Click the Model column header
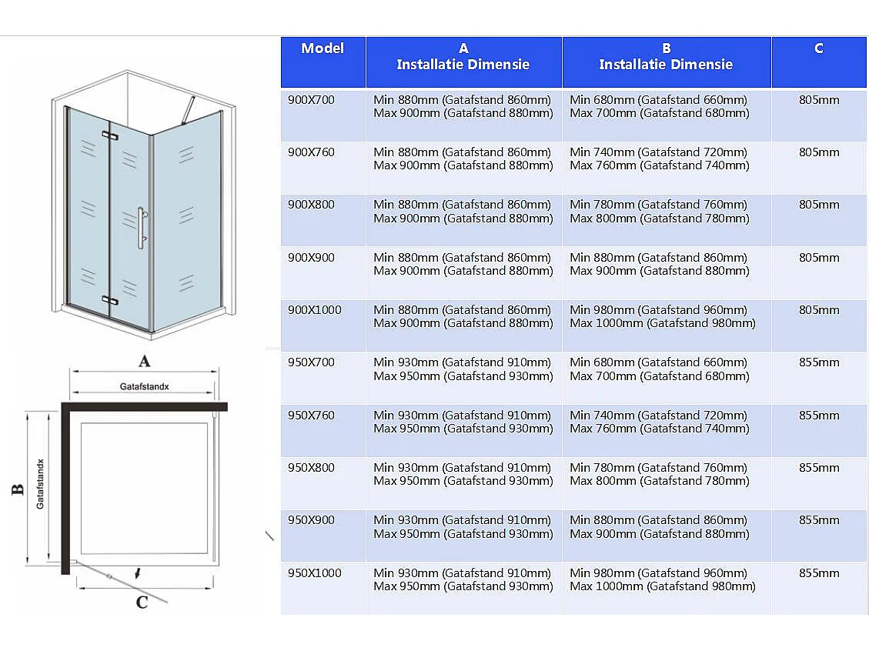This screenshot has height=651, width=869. pyautogui.click(x=323, y=48)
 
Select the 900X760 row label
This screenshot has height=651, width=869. pyautogui.click(x=311, y=152)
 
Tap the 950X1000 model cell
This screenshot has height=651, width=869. pyautogui.click(x=314, y=573)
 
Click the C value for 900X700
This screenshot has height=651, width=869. pyautogui.click(x=819, y=100)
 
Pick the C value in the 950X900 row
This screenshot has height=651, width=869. pyautogui.click(x=819, y=520)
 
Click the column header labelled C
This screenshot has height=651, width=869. pyautogui.click(x=819, y=48)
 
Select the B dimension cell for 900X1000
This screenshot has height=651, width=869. pyautogui.click(x=663, y=317)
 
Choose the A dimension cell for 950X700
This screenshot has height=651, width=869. pyautogui.click(x=463, y=369)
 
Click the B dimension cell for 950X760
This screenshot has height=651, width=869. pyautogui.click(x=660, y=422)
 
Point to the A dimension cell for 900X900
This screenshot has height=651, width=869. pyautogui.click(x=463, y=264)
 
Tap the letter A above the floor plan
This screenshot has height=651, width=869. pyautogui.click(x=143, y=360)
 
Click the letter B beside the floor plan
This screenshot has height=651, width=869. pyautogui.click(x=18, y=489)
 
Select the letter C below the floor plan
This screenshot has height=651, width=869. pyautogui.click(x=142, y=602)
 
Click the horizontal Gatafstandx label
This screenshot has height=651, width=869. pyautogui.click(x=144, y=386)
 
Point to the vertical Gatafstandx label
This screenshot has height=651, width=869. pyautogui.click(x=40, y=483)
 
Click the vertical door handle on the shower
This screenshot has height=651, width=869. pyautogui.click(x=141, y=228)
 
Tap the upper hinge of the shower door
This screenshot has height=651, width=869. pyautogui.click(x=109, y=135)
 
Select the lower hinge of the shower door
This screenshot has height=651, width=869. pyautogui.click(x=109, y=300)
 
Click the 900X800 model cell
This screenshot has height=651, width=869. pyautogui.click(x=311, y=205)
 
